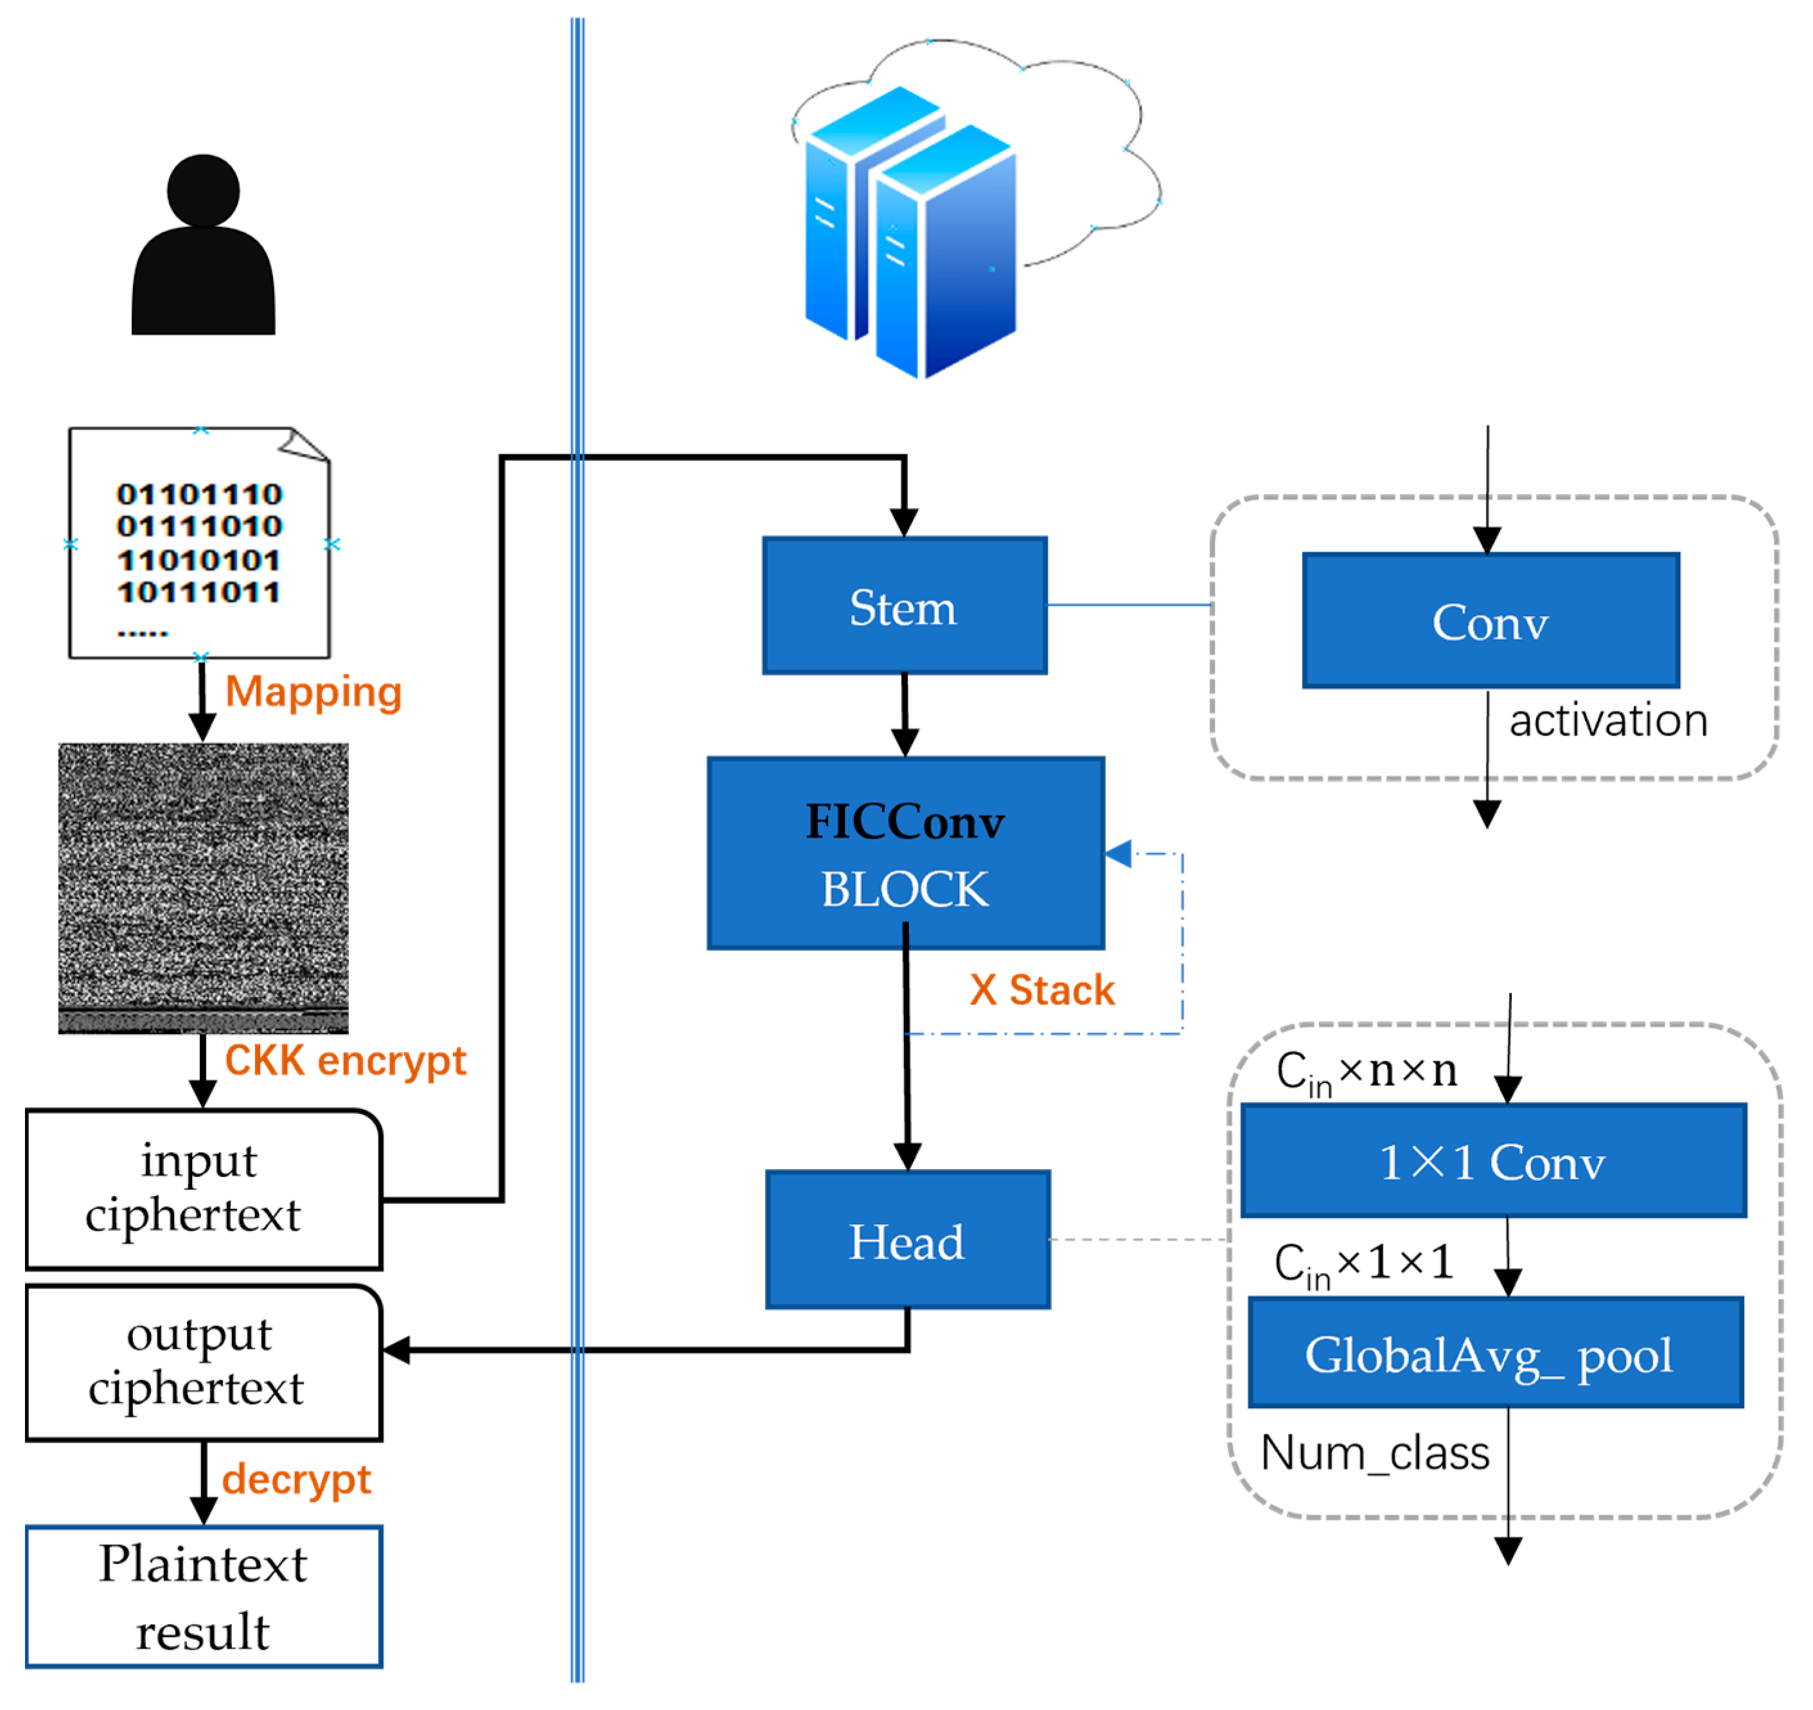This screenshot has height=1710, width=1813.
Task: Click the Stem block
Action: pos(904,606)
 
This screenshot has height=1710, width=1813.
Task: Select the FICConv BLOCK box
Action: pos(906,854)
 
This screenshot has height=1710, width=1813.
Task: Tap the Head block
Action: pos(907,1240)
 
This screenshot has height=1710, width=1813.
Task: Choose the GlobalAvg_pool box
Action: pos(1496,1353)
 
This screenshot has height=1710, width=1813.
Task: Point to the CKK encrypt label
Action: pos(345,1061)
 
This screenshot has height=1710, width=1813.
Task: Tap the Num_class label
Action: pos(1374,1453)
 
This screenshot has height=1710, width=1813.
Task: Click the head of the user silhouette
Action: pos(204,191)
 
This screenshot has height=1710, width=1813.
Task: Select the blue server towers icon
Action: pos(910,233)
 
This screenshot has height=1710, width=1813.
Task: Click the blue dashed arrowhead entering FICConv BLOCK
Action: pos(1119,854)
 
